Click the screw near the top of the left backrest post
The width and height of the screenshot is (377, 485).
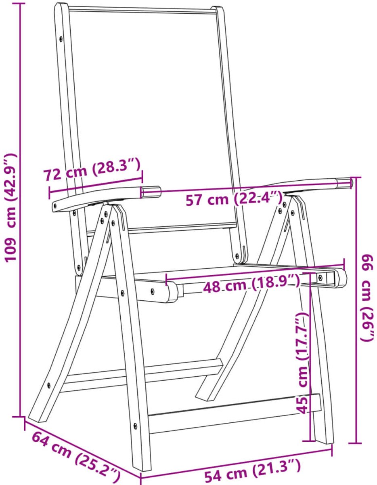click(61, 39)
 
